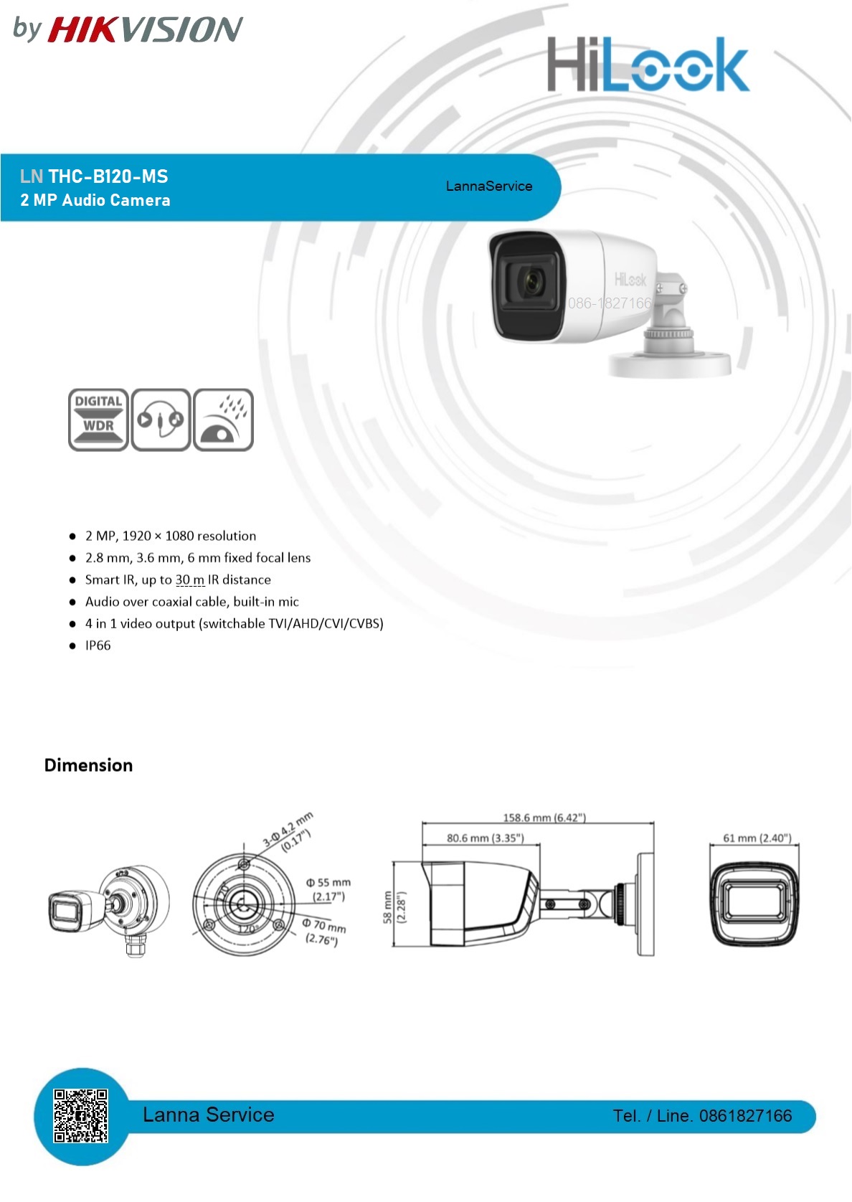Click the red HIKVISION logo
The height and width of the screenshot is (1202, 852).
145,29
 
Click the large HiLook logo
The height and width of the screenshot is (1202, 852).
648,65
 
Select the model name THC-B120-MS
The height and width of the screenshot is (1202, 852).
108,176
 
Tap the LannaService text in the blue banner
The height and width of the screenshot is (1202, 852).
489,186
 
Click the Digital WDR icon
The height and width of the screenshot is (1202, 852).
98,420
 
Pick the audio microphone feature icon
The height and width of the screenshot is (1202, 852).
161,420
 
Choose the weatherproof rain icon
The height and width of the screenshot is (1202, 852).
222,420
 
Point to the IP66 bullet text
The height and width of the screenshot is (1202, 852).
98,645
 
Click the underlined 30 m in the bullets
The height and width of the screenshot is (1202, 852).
190,579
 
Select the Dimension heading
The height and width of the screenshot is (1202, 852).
88,765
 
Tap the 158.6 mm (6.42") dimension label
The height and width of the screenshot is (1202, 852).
544,818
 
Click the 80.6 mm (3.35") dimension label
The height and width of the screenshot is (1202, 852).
485,838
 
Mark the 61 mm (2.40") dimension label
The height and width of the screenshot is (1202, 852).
757,838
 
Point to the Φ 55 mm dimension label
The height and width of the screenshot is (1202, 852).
328,883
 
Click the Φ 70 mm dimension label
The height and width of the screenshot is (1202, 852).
324,925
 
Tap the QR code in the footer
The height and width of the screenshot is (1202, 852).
80,1116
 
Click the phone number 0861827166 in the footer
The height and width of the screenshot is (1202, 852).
745,1116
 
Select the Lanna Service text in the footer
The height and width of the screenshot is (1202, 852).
208,1115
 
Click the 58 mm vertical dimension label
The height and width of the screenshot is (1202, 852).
387,907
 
